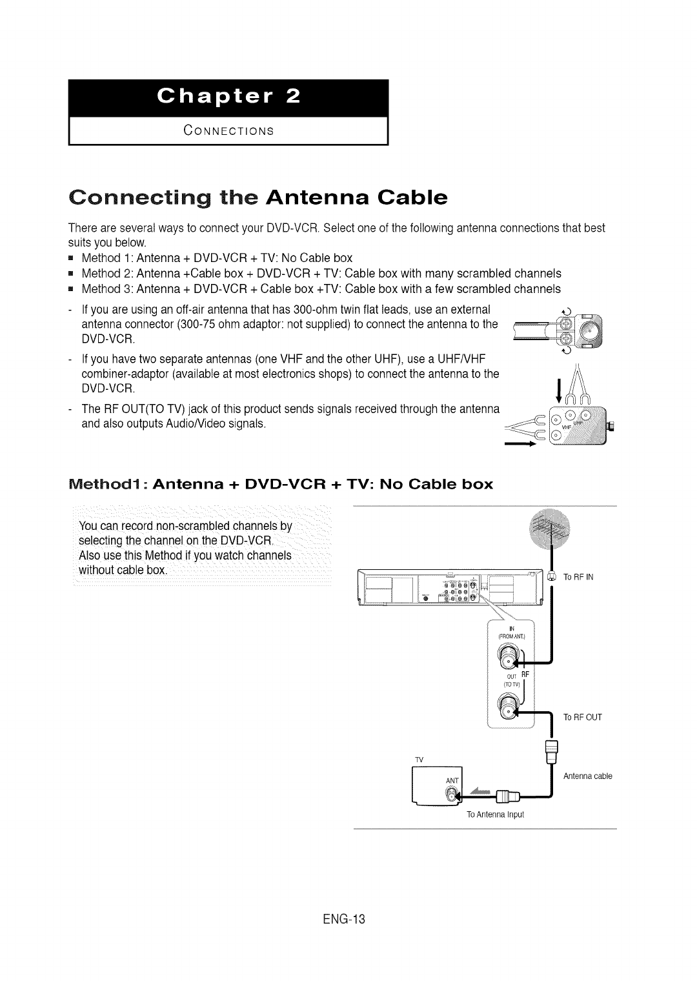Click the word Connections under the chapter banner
pyautogui.click(x=228, y=131)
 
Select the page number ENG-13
pyautogui.click(x=347, y=919)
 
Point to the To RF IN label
pyautogui.click(x=578, y=577)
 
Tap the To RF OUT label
pyautogui.click(x=582, y=717)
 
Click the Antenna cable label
pyautogui.click(x=587, y=776)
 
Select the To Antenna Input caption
pyautogui.click(x=496, y=814)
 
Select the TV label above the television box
pyautogui.click(x=418, y=760)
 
